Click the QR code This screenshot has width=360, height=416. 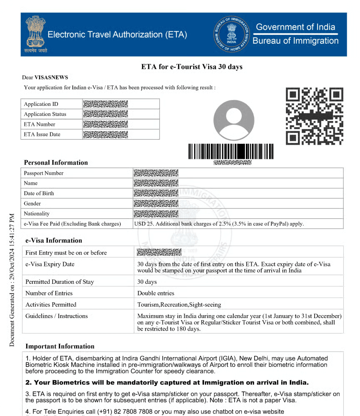(x=314, y=116)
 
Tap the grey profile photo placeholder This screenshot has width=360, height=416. (x=233, y=120)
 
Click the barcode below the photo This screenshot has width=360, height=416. (x=231, y=151)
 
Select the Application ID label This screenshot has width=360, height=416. (x=41, y=104)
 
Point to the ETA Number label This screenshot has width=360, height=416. (x=40, y=124)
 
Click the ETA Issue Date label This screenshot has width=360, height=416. (x=42, y=134)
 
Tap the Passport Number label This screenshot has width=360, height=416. (x=44, y=173)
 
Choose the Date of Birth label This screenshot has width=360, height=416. (x=39, y=193)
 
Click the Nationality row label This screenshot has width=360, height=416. (x=37, y=213)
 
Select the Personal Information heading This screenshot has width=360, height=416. (x=56, y=163)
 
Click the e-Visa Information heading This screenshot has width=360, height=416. (x=54, y=241)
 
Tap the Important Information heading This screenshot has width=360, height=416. (x=60, y=346)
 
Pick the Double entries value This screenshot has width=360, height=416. (x=156, y=293)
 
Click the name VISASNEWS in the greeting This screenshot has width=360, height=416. (x=51, y=77)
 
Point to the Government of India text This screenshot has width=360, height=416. (x=295, y=27)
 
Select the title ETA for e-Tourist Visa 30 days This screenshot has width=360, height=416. (x=192, y=67)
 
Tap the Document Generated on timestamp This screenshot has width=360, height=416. (x=12, y=280)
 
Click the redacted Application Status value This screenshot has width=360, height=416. (x=105, y=114)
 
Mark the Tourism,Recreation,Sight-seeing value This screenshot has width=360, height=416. (x=179, y=304)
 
